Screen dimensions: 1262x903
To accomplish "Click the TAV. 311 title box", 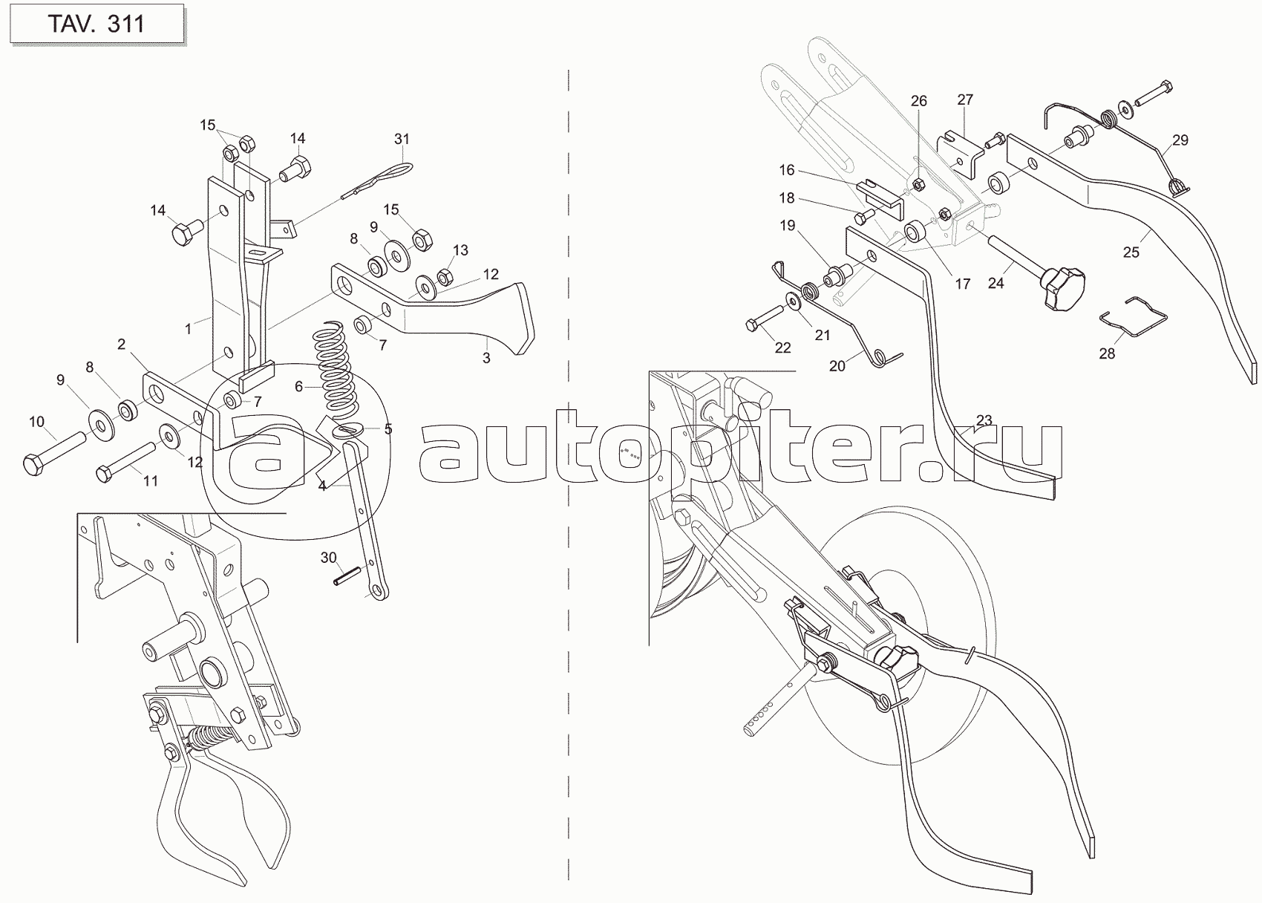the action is coord(97,25).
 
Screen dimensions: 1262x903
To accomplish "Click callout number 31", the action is coord(402,139).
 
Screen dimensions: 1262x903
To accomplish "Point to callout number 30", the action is coord(328,558).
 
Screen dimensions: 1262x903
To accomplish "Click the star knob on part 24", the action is coord(1062,288).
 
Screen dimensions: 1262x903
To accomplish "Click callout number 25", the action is coord(1131,252).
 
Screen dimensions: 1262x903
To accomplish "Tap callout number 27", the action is coord(965,100).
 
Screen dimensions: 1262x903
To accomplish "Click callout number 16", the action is coord(786,169).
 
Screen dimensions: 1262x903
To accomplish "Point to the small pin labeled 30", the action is coord(346,578).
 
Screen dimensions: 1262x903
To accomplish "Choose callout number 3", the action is coord(486,357).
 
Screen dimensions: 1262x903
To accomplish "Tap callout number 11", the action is coord(151,480).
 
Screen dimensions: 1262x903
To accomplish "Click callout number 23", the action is coord(984,420).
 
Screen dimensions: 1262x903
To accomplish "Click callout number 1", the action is coord(188,329).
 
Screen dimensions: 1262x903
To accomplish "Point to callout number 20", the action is coord(837,366).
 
